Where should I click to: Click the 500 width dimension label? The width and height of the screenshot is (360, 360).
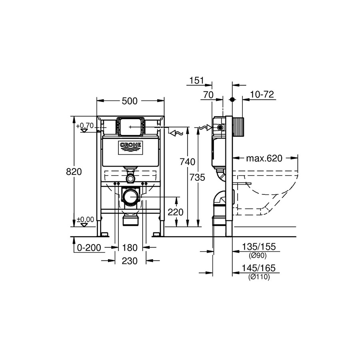130,101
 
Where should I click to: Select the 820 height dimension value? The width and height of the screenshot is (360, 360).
74,172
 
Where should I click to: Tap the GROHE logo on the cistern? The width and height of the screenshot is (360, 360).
130,148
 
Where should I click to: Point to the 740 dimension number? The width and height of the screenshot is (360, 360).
187,162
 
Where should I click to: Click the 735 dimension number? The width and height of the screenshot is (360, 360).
198,177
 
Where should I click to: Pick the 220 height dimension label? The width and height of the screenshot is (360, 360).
176,212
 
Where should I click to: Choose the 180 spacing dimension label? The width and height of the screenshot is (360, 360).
130,248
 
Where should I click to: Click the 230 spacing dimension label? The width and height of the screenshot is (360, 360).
130,261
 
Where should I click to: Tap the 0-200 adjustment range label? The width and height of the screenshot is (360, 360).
89,248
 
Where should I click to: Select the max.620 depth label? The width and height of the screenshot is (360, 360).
264,158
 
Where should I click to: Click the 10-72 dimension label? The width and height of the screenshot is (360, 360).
262,94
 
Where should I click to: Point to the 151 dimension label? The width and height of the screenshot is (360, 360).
197,80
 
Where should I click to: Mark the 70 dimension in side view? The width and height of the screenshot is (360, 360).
208,95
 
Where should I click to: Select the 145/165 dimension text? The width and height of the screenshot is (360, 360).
258,268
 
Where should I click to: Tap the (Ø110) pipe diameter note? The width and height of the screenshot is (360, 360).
259,277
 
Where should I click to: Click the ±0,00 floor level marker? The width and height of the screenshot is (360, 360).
85,220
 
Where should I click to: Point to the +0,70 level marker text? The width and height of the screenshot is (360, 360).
85,126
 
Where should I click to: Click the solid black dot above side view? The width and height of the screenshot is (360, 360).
232,100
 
